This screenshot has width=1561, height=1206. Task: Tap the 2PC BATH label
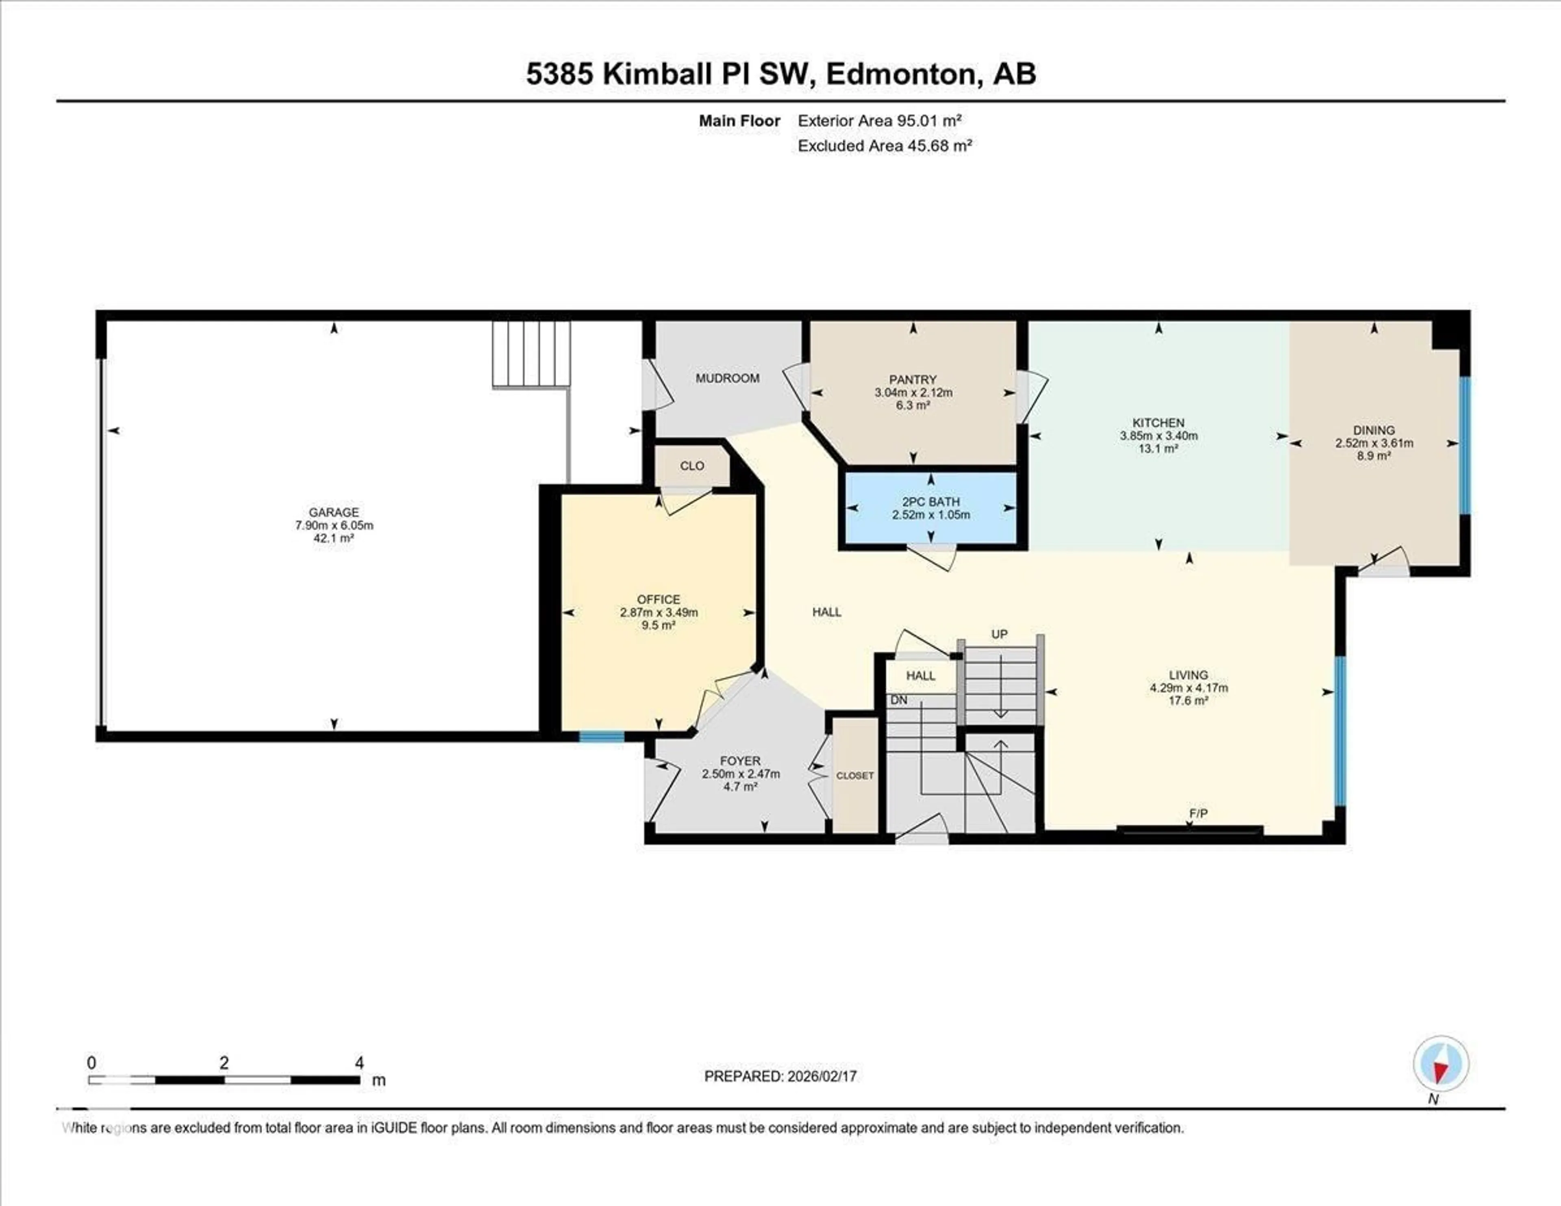click(x=931, y=502)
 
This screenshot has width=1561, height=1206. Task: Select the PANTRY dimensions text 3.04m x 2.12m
click(x=913, y=392)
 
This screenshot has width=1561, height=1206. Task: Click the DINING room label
click(x=1374, y=430)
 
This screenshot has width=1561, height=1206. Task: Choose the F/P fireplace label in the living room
click(x=1199, y=814)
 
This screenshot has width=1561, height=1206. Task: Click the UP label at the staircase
click(x=999, y=634)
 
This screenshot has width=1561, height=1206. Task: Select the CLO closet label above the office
click(x=692, y=466)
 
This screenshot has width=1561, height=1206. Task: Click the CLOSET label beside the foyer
click(x=855, y=776)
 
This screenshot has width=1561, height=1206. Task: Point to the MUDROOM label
click(x=728, y=378)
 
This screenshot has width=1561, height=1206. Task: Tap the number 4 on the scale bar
click(x=359, y=1063)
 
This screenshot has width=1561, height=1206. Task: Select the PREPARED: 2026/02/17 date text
click(x=780, y=1076)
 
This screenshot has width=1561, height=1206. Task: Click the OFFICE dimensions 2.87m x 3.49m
click(x=658, y=613)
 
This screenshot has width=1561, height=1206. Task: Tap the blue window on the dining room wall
click(x=1465, y=445)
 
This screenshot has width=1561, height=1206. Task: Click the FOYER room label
click(x=741, y=761)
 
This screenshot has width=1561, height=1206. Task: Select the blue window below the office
click(x=601, y=736)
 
